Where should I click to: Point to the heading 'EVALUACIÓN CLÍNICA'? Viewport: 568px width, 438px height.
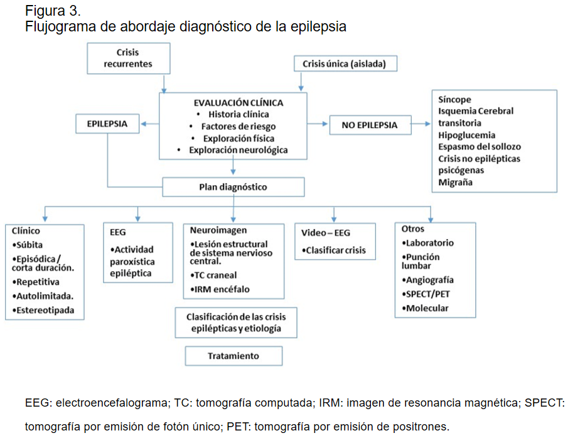click(x=238, y=103)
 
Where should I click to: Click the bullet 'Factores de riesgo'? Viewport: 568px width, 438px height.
click(x=238, y=126)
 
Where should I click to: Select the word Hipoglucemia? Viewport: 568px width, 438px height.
click(x=466, y=135)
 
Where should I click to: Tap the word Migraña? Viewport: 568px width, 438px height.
click(x=456, y=182)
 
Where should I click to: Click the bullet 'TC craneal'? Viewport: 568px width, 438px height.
click(x=213, y=275)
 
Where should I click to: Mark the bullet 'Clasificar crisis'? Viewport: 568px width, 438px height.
click(x=334, y=250)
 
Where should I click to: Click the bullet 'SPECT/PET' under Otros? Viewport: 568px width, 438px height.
click(x=426, y=294)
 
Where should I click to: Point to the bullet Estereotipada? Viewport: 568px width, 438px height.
click(x=43, y=311)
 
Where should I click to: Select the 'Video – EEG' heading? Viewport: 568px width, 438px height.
click(x=326, y=233)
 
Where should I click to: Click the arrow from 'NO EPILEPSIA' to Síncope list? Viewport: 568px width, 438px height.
click(x=421, y=124)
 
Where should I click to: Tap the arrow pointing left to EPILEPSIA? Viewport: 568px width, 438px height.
click(x=150, y=124)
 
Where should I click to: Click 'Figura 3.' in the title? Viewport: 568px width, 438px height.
click(x=53, y=11)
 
